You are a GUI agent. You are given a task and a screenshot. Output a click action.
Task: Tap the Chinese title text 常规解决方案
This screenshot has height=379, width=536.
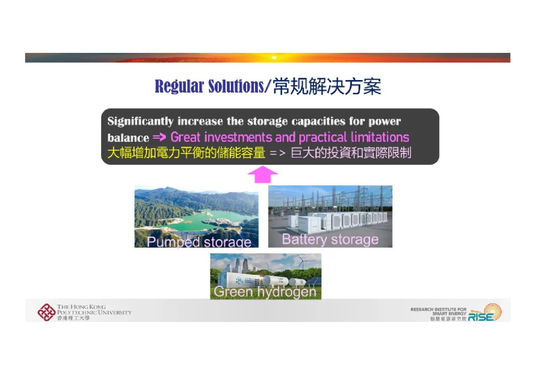327,86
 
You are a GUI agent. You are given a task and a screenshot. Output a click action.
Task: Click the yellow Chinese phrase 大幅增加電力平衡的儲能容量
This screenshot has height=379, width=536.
186,153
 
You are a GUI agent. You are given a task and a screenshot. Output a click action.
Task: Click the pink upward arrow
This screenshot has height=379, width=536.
262,175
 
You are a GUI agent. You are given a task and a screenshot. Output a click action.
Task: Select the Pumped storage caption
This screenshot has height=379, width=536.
199,242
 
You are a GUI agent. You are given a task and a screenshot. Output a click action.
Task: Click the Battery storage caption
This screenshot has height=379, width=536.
330,239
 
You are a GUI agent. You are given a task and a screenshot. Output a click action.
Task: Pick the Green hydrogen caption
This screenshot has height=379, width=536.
265,292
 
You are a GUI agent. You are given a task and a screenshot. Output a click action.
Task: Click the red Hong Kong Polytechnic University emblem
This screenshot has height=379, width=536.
46,312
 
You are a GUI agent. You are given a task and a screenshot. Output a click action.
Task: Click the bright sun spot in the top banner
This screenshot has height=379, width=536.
273,57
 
